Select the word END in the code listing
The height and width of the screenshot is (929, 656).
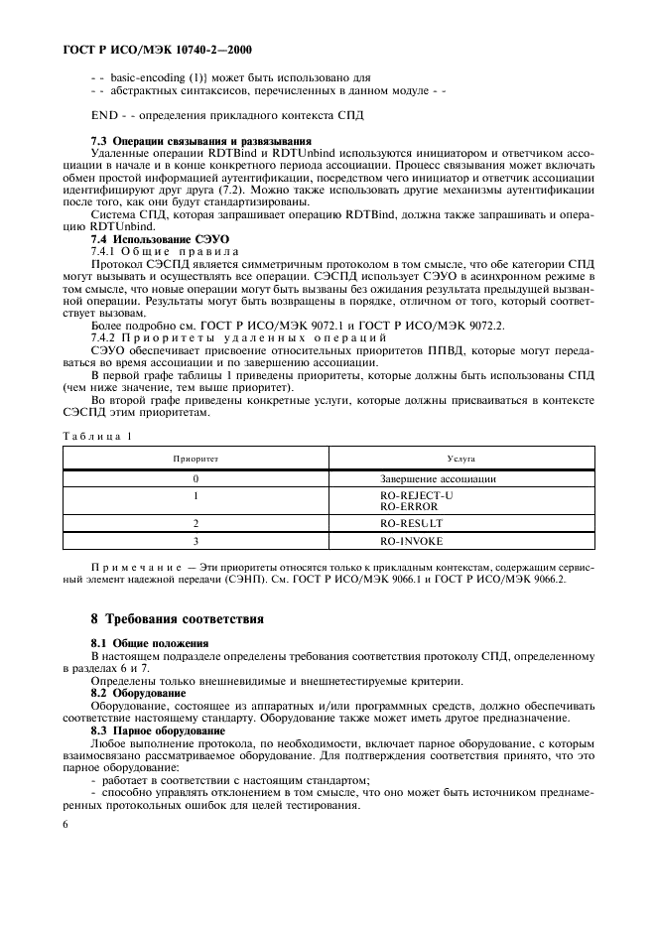(x=103, y=115)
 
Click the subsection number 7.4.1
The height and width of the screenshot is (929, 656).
(x=107, y=251)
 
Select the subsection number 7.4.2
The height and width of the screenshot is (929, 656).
(x=107, y=337)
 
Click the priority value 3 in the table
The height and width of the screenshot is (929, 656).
(x=196, y=541)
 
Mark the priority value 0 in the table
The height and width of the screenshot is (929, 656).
(x=196, y=478)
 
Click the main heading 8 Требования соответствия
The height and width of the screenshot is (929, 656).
(x=177, y=619)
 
